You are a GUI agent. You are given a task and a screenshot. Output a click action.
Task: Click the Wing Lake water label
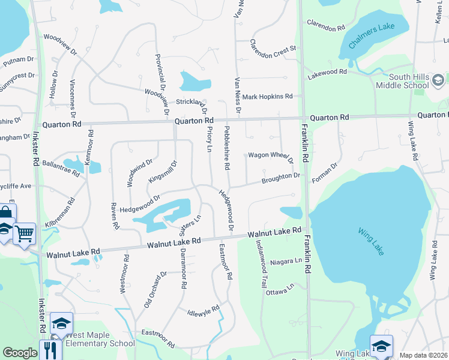pos(370,241)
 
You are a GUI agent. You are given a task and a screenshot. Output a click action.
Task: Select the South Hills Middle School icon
pos(438,80)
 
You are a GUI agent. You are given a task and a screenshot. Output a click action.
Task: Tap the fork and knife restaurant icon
pos(50,349)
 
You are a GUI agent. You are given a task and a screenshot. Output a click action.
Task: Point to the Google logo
pos(20,353)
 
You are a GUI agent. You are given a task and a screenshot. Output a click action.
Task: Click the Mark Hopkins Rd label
pos(267,96)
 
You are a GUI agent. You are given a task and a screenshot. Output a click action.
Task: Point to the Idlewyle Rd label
pos(203,311)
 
